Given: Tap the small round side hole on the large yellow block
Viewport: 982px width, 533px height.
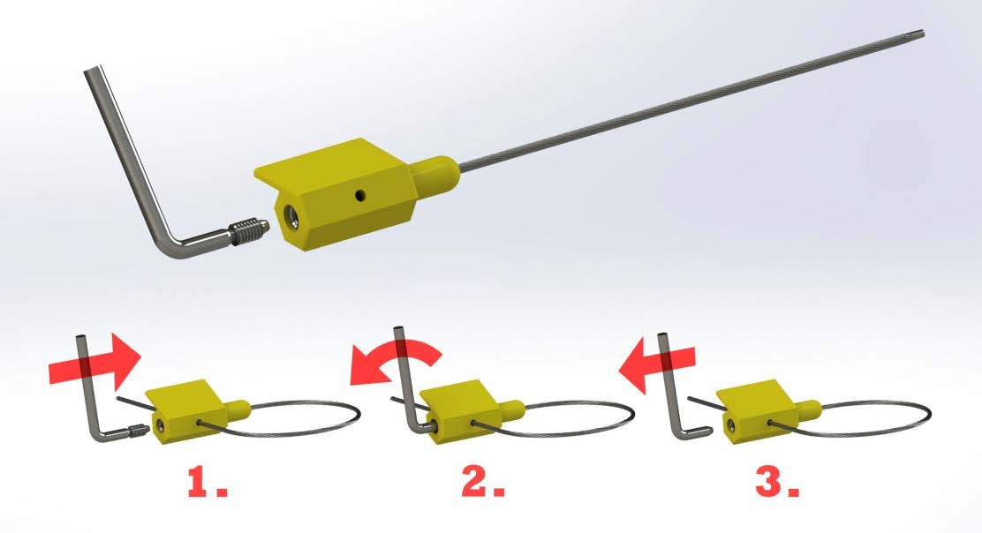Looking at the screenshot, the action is click(x=360, y=196).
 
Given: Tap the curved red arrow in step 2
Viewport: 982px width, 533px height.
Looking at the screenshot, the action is click(x=396, y=357).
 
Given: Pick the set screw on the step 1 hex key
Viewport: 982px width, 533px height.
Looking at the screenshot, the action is click(x=137, y=429).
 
